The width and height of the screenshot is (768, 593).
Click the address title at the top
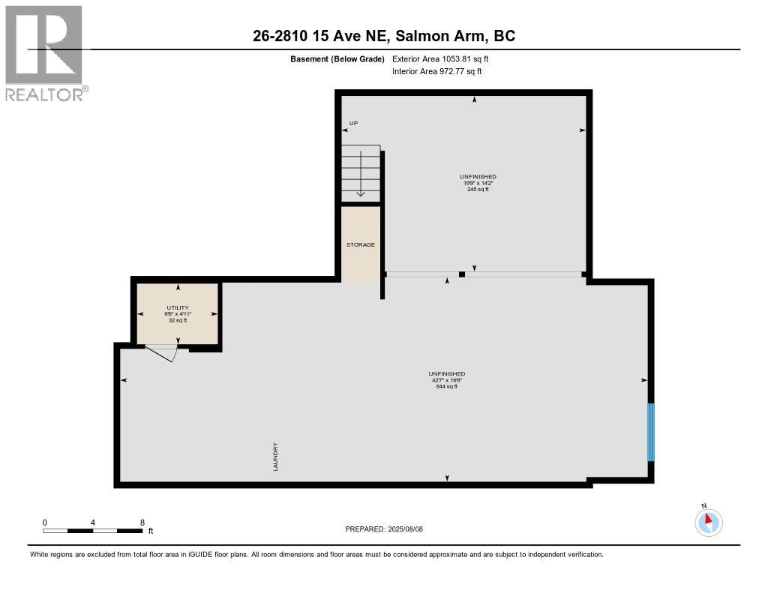(384, 36)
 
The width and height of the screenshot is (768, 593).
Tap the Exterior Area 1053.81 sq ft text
(440, 58)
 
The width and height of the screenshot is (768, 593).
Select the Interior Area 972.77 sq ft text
(437, 71)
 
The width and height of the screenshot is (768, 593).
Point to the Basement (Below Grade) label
(337, 59)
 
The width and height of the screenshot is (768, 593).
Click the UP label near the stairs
(354, 124)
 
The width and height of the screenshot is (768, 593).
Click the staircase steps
(361, 173)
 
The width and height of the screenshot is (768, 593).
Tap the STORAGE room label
(361, 245)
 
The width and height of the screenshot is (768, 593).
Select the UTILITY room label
(178, 307)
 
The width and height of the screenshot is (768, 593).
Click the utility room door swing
(162, 352)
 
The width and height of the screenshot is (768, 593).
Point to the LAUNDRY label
(275, 457)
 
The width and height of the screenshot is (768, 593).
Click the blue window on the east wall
(651, 432)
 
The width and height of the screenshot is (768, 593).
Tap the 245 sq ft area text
(478, 190)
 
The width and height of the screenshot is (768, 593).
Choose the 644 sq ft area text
(447, 386)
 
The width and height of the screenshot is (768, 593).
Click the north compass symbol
(708, 522)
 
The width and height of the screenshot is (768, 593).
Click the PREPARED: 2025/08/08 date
(384, 529)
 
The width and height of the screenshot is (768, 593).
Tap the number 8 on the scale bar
(142, 523)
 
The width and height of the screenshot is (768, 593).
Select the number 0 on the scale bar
(44, 523)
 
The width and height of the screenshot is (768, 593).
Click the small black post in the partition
(462, 274)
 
